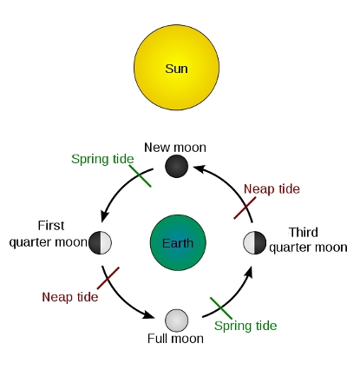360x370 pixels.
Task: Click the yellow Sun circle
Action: [x=176, y=67]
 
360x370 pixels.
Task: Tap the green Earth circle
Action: [x=178, y=242]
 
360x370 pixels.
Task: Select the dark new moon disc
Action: [x=176, y=166]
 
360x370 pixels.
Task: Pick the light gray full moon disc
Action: [x=176, y=320]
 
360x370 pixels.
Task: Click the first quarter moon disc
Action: [x=100, y=242]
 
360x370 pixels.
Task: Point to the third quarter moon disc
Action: [x=254, y=242]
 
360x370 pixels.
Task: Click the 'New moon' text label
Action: [x=175, y=148]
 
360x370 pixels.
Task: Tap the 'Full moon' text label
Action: [x=175, y=339]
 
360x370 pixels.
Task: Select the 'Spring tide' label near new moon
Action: [x=102, y=159]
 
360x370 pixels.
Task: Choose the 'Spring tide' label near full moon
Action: [x=245, y=326]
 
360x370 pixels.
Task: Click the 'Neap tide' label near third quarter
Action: [x=272, y=189]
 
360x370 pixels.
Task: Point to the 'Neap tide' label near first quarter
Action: [x=70, y=297]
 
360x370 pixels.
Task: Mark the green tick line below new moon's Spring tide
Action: [x=141, y=176]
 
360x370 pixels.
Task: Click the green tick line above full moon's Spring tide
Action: [x=221, y=308]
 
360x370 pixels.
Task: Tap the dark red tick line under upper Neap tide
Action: [x=245, y=208]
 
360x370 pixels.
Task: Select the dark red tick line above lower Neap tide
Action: [x=108, y=278]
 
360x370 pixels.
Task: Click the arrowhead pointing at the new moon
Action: [x=200, y=168]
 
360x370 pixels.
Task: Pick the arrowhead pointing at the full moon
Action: [x=148, y=314]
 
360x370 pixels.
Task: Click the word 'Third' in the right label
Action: [x=304, y=232]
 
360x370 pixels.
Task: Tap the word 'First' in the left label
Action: [x=51, y=226]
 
